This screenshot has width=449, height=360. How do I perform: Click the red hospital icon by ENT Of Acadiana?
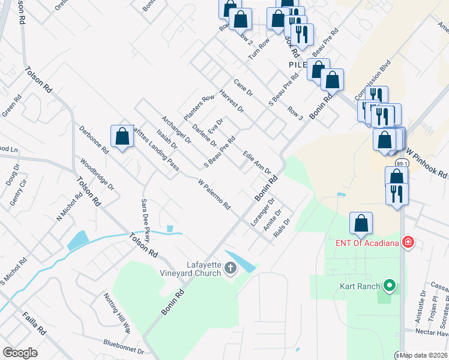[x=408, y=242]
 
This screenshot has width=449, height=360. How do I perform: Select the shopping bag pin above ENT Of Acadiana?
[x=361, y=223]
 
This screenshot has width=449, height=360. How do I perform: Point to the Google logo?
[x=20, y=353]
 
